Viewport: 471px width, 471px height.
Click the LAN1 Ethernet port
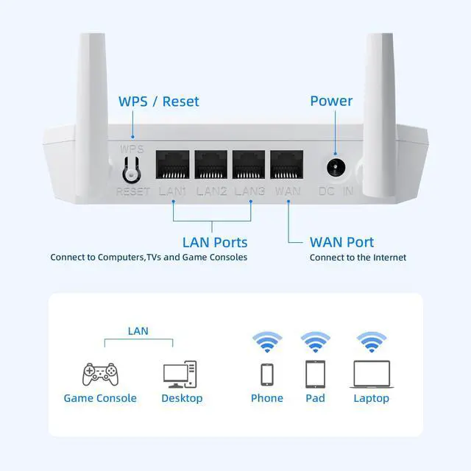[x=173, y=166]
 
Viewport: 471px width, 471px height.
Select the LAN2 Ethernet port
[x=211, y=166]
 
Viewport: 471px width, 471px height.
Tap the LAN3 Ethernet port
[x=249, y=166]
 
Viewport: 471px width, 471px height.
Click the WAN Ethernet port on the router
[x=287, y=166]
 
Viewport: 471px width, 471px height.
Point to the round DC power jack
[x=337, y=167]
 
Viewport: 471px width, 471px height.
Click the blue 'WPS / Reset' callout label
[x=159, y=102]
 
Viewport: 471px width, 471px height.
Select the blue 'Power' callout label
[x=331, y=102]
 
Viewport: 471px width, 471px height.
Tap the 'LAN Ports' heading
[x=215, y=242]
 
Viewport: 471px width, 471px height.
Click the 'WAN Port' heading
[x=341, y=242]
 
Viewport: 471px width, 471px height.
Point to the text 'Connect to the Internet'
[x=358, y=258]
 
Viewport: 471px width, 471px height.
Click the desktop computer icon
[x=180, y=374]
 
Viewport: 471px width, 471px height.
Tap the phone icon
[x=266, y=374]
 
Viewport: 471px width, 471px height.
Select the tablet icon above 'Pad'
[x=315, y=374]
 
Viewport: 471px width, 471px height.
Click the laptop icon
[x=371, y=374]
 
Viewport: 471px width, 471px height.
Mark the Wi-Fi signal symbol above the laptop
[x=371, y=342]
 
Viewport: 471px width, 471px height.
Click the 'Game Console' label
[x=100, y=398]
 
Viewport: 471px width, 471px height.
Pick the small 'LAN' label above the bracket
[x=138, y=331]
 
